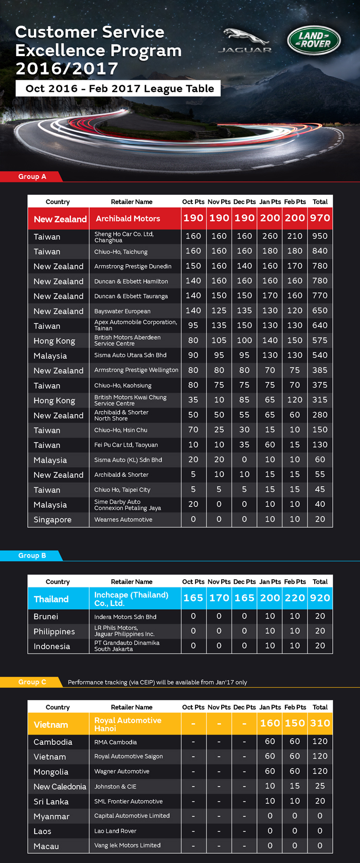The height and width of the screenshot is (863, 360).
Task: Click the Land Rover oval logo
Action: point(313,40)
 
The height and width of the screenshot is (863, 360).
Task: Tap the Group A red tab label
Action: point(32,176)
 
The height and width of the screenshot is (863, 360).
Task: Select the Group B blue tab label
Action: point(32,556)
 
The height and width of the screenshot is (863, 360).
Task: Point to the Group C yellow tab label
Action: point(32,682)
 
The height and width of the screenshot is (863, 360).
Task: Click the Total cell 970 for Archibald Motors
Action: point(320,218)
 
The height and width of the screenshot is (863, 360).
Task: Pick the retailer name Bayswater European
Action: point(122,311)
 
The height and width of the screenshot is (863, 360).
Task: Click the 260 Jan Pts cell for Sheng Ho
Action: point(269,236)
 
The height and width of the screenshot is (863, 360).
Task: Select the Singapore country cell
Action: point(52,520)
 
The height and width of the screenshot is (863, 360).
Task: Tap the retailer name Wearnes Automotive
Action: point(123,520)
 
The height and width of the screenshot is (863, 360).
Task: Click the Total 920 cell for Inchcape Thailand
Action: point(320,598)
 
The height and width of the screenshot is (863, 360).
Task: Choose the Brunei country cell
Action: point(46,616)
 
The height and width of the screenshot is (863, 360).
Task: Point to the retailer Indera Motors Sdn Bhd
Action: point(125,617)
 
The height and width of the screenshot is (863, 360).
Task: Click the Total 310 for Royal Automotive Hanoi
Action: point(320,723)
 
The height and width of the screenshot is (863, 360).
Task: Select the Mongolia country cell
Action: point(51,772)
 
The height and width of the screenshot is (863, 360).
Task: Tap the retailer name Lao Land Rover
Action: point(115,831)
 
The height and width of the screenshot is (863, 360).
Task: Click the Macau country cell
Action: point(46,846)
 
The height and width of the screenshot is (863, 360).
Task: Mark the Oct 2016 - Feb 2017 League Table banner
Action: point(119,88)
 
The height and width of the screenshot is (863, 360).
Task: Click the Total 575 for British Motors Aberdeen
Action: point(320,340)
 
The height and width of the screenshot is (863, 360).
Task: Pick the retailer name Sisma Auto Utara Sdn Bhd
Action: point(131,355)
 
